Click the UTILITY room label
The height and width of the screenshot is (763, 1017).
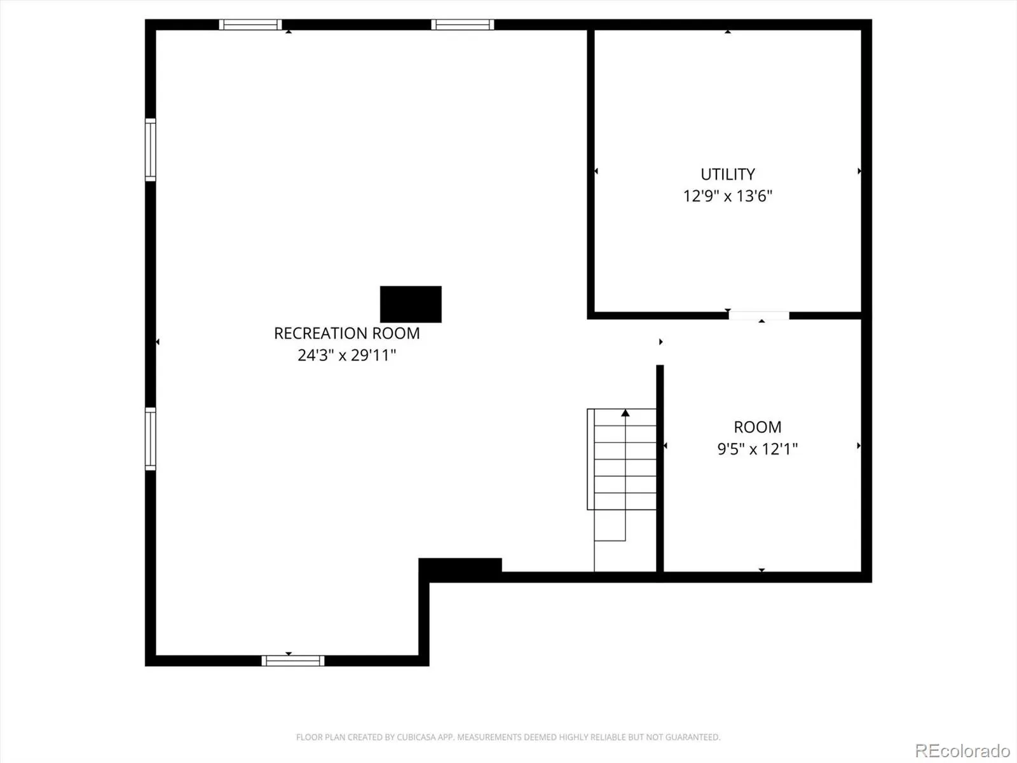tap(727, 174)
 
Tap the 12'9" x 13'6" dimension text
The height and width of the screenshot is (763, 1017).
tap(727, 196)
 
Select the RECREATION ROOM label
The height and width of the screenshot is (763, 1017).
tap(346, 333)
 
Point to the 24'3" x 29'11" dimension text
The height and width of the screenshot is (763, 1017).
tap(346, 355)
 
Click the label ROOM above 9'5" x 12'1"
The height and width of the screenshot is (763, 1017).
tap(758, 427)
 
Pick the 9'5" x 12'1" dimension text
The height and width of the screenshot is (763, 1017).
tap(758, 448)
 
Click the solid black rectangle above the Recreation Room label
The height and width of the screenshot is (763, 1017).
tap(411, 304)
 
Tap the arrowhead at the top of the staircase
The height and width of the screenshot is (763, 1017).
tap(625, 413)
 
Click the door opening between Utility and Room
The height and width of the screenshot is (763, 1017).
tap(758, 315)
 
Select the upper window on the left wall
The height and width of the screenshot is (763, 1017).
tap(151, 149)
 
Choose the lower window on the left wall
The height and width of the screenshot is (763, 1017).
tap(151, 439)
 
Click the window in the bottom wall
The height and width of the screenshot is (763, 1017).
tap(293, 661)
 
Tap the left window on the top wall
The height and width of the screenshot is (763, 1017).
tap(250, 25)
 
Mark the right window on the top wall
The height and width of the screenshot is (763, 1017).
tap(462, 25)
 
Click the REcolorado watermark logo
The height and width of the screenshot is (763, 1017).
tap(962, 750)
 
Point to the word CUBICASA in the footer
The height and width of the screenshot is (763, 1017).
tap(413, 737)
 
